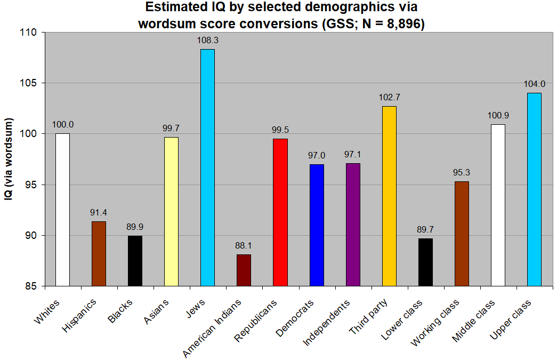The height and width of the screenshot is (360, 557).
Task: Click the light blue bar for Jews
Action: [207, 167]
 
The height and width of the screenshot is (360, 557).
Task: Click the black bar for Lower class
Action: [425, 262]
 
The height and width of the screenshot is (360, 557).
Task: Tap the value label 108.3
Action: [207, 40]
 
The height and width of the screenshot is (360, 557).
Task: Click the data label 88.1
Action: [244, 246]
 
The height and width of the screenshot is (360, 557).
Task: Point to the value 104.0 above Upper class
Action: [534, 84]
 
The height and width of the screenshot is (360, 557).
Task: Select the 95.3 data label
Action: [462, 172]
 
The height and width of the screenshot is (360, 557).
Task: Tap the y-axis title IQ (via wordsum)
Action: [10, 159]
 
